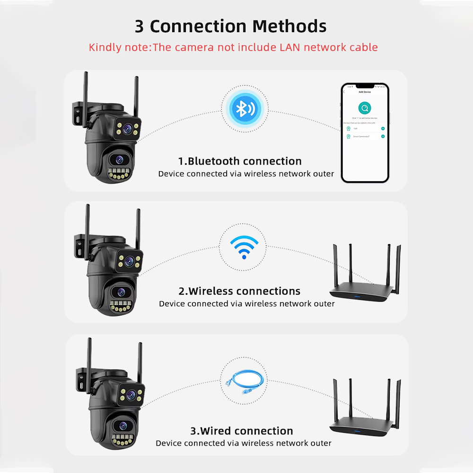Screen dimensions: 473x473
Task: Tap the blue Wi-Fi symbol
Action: point(244,247)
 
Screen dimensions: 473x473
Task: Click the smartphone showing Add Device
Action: point(365,133)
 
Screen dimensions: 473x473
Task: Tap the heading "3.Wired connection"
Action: point(242,431)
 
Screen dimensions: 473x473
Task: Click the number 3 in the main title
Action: point(139,26)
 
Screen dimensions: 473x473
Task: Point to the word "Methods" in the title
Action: point(289,26)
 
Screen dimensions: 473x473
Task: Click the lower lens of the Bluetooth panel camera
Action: point(117,159)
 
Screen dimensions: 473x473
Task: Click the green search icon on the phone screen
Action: point(364,107)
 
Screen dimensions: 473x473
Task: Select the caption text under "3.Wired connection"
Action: point(244,443)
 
